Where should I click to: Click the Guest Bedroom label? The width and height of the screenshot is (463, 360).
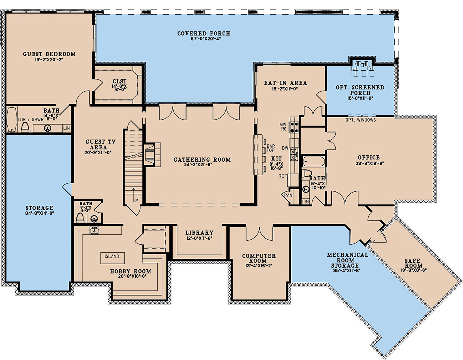(49, 54)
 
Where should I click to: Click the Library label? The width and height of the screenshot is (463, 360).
(199, 233)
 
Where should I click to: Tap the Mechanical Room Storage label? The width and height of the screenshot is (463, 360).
(348, 260)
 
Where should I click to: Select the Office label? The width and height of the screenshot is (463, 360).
(368, 157)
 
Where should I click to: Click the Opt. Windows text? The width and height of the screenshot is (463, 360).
(360, 120)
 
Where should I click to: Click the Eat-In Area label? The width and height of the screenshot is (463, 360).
(286, 83)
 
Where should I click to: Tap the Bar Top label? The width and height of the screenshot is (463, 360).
(271, 149)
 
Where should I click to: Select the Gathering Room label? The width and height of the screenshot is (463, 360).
(202, 159)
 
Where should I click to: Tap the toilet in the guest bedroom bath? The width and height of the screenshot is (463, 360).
(25, 127)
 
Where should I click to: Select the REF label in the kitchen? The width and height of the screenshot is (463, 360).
(283, 176)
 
